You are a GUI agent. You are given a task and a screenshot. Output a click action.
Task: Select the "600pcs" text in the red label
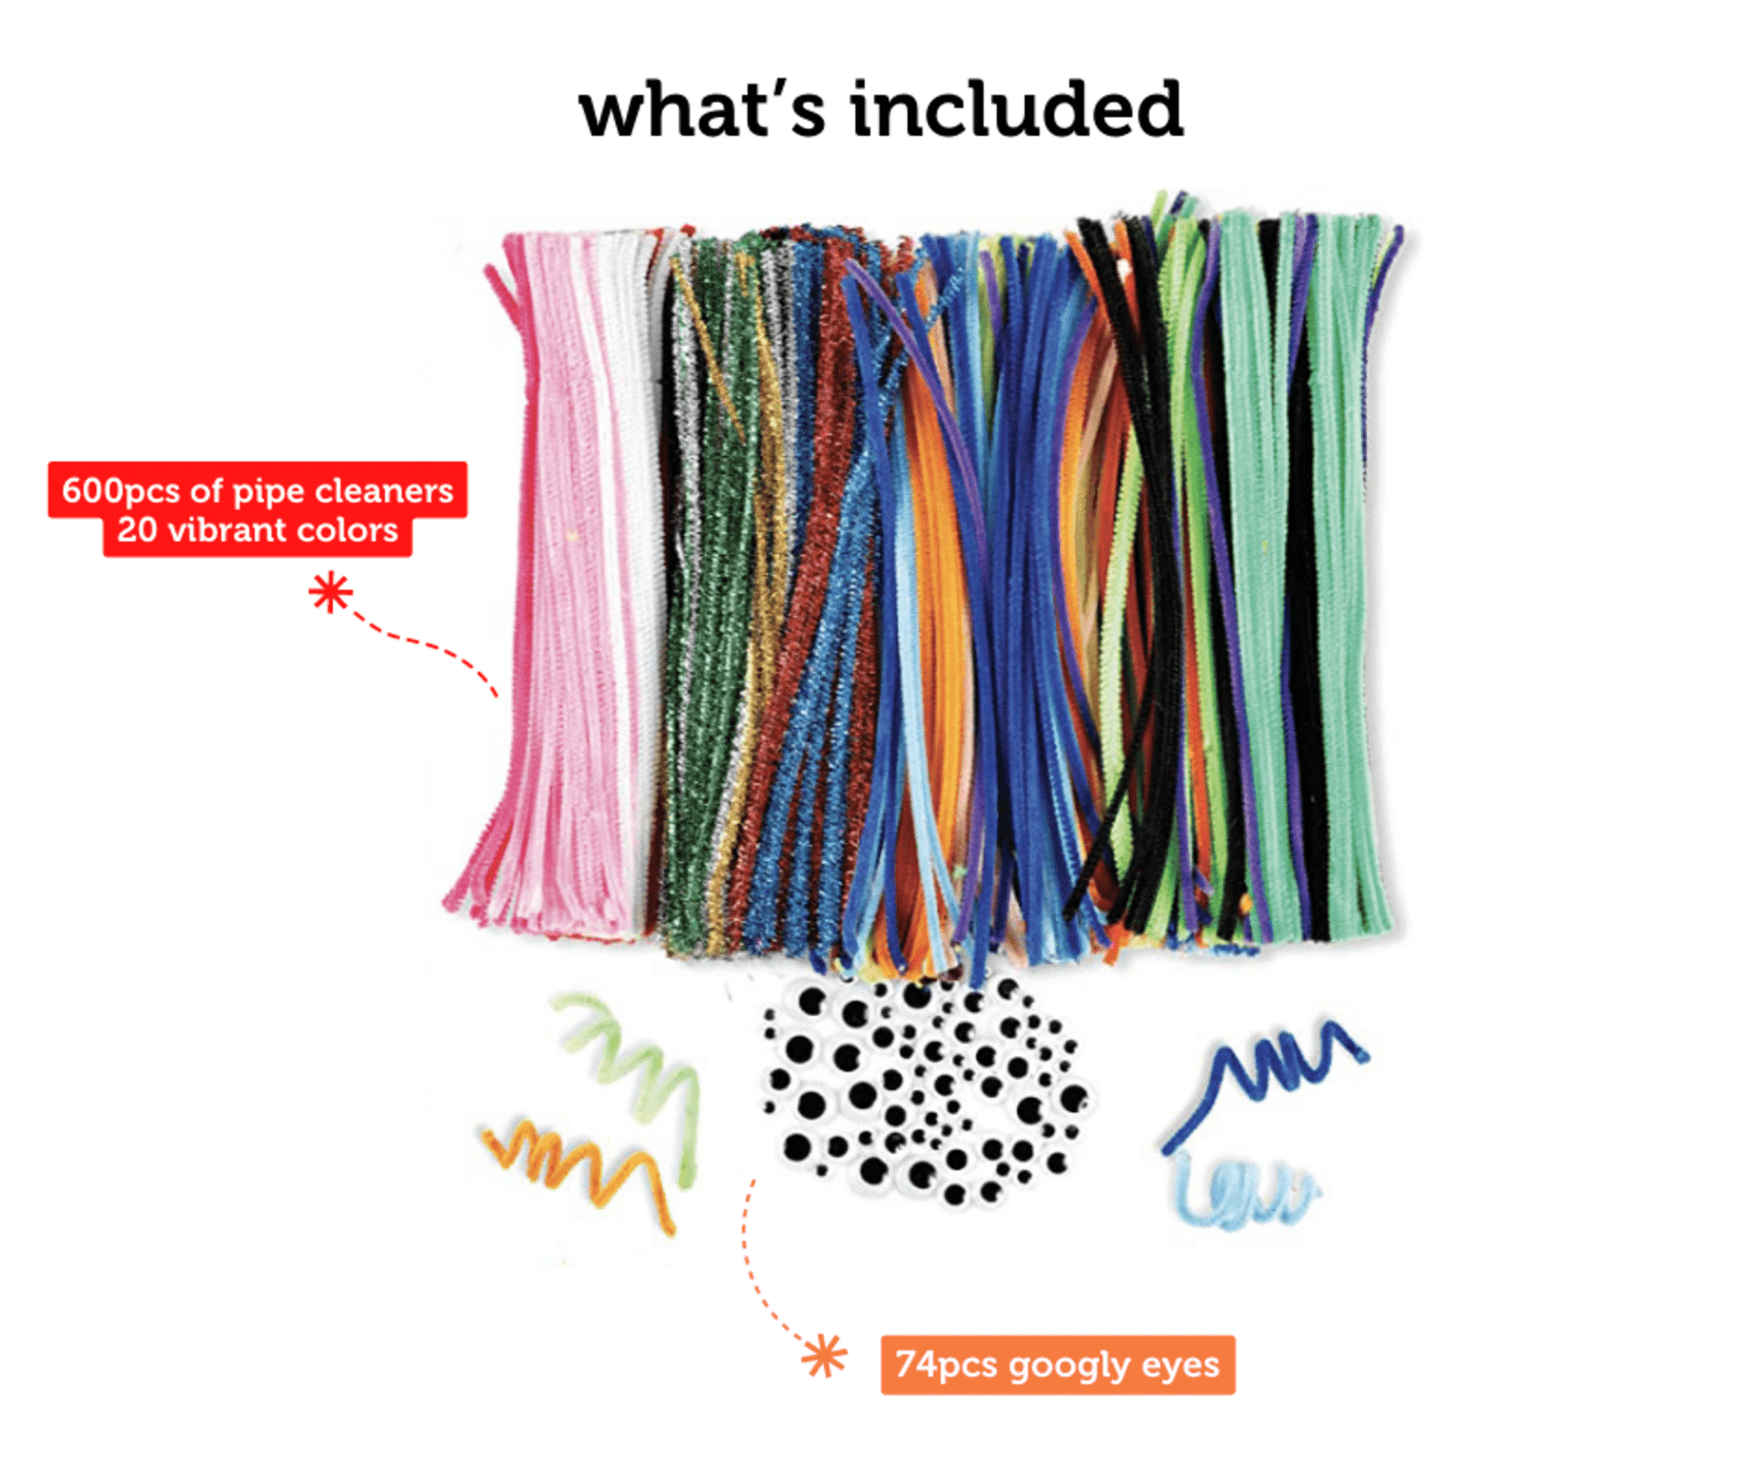[x=120, y=490]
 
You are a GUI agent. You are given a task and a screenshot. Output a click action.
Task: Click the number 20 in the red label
[x=137, y=530]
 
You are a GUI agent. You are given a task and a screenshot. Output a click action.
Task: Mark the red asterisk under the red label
[x=331, y=593]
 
